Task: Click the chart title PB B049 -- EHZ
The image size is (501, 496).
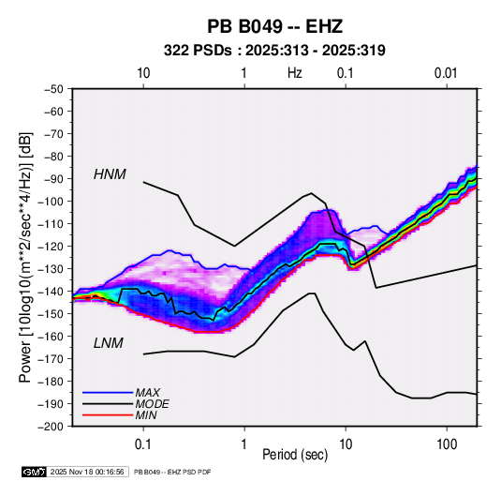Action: coord(274,26)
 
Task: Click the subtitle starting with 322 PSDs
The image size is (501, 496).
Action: coord(274,51)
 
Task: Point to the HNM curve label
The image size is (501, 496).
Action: coord(110,174)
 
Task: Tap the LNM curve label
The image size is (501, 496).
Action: coord(109,343)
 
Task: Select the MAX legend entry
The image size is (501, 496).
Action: coord(147,392)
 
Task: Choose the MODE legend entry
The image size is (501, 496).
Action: coord(152,404)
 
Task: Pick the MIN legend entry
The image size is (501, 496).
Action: coord(146,415)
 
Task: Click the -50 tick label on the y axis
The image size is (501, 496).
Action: coord(53,89)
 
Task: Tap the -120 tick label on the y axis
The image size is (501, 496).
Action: coord(51,247)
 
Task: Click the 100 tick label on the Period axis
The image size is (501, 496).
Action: coord(447,444)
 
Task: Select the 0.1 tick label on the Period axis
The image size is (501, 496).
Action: coord(143,444)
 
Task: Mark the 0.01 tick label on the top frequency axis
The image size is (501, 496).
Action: coord(446,73)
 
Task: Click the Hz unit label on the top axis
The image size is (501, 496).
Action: coord(295,73)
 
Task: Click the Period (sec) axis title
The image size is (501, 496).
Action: coord(295,455)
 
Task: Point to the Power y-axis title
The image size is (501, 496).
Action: coord(25,257)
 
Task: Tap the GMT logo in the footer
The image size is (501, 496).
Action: coord(34,472)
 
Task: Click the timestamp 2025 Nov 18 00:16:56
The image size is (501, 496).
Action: coord(87,472)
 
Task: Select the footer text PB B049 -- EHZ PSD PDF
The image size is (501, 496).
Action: coord(172,472)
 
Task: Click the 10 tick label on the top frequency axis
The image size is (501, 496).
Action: coord(143,73)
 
